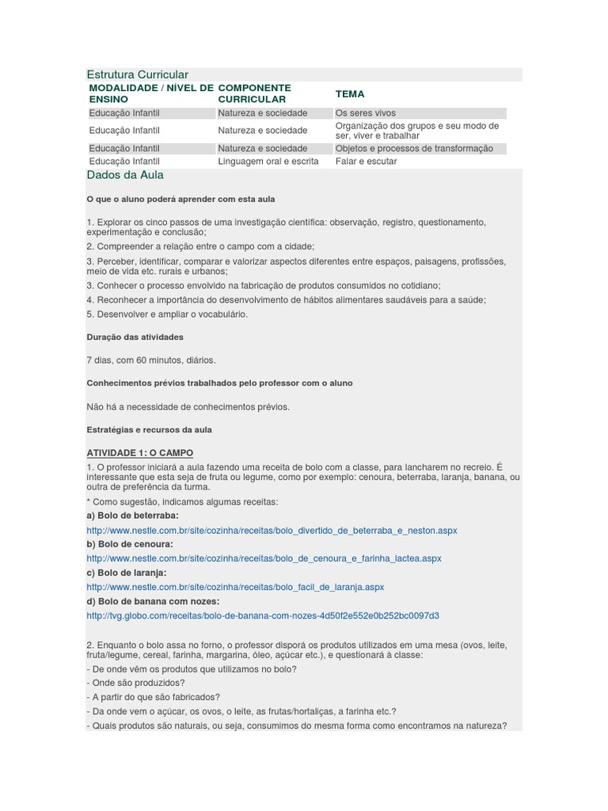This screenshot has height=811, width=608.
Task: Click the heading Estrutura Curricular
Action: (x=137, y=74)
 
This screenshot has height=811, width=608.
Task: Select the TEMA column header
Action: (x=350, y=93)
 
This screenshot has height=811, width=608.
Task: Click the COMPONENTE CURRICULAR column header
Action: (x=254, y=93)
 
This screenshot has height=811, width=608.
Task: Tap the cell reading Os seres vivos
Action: (x=365, y=113)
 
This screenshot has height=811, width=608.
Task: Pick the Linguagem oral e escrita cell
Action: (x=268, y=162)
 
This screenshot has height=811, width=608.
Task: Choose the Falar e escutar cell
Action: (x=366, y=162)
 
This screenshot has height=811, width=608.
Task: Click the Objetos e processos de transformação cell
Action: (x=413, y=148)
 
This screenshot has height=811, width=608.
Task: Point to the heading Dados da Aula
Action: (x=125, y=175)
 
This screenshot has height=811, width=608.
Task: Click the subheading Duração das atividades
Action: (x=135, y=337)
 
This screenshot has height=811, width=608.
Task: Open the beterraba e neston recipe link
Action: (x=272, y=530)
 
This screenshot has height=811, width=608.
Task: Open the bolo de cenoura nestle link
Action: (x=264, y=558)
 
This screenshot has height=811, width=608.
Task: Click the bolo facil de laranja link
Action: (x=235, y=587)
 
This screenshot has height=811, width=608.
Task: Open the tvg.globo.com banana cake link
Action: (x=263, y=615)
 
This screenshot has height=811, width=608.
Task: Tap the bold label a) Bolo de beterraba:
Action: (x=132, y=516)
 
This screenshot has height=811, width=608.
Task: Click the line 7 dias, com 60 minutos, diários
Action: (x=150, y=360)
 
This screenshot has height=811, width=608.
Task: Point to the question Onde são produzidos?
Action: (x=135, y=683)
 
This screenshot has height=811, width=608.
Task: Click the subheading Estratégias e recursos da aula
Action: (x=149, y=429)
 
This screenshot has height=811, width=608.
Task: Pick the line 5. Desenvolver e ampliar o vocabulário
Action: (x=167, y=314)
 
